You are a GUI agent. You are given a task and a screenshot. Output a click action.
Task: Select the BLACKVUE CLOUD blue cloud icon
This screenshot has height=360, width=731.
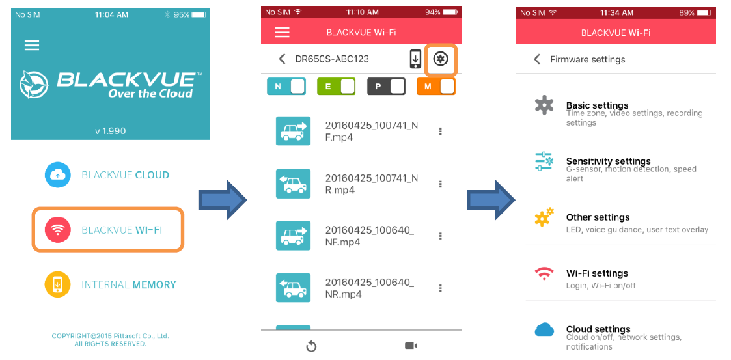point(58,174)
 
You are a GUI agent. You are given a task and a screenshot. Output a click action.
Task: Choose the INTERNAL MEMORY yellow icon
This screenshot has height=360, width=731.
point(58,284)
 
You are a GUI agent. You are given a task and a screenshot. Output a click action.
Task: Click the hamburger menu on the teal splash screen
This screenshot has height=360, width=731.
point(32,45)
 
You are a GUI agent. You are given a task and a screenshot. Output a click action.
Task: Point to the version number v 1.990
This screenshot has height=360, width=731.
point(110,131)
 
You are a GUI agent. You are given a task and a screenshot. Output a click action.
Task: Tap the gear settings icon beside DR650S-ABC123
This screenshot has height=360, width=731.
point(441,59)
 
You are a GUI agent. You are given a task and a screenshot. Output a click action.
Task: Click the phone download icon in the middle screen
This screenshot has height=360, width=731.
point(415,59)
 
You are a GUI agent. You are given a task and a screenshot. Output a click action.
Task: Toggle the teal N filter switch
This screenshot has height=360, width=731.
point(286,87)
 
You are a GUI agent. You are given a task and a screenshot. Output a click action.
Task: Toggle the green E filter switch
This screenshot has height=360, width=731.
point(336,87)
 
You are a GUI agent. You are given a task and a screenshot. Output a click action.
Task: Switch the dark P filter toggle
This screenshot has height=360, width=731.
point(386,87)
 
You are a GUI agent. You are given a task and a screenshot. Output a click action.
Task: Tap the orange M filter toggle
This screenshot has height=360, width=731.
point(436,87)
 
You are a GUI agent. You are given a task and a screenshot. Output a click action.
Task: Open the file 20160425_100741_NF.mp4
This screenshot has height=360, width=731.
point(371,131)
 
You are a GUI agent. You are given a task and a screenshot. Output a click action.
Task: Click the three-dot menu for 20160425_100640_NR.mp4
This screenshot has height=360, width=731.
point(441,288)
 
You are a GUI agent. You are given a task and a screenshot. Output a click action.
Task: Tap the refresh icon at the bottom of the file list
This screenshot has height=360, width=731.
point(311,346)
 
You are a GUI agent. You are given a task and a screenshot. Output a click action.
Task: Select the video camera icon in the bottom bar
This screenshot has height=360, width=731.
point(411,346)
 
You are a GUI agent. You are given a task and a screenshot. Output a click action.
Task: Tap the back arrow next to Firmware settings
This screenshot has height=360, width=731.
point(537,59)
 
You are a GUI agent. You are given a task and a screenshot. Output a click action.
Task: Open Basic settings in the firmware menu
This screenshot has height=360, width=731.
point(597,105)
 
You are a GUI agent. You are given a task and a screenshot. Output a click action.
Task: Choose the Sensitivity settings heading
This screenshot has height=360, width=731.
point(608,161)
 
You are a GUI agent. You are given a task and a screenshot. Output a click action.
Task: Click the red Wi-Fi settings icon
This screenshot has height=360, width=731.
point(544,273)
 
